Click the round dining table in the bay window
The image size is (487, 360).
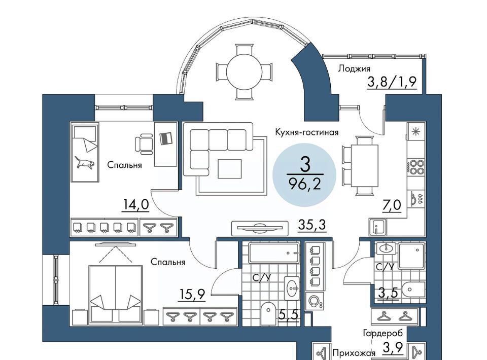(245, 72)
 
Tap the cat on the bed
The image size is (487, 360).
(85, 163)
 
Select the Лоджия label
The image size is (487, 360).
(354, 68)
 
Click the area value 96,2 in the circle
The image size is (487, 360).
(304, 185)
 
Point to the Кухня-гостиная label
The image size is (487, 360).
(306, 132)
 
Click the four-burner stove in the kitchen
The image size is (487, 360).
(416, 167)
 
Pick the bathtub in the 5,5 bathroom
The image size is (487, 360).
(274, 253)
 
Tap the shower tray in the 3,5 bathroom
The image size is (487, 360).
(410, 256)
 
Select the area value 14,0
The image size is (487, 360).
(136, 205)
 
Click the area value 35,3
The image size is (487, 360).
(312, 225)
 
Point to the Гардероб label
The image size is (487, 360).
(383, 333)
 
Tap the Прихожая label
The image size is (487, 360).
(354, 353)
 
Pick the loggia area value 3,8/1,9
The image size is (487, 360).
(392, 82)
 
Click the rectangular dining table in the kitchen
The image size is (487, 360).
(365, 165)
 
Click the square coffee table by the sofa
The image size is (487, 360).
(229, 169)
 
